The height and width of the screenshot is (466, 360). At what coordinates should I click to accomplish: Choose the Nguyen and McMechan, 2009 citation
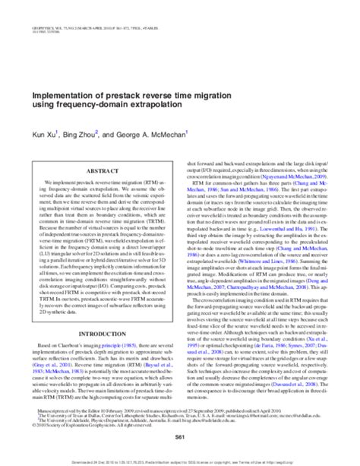click(296, 173)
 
